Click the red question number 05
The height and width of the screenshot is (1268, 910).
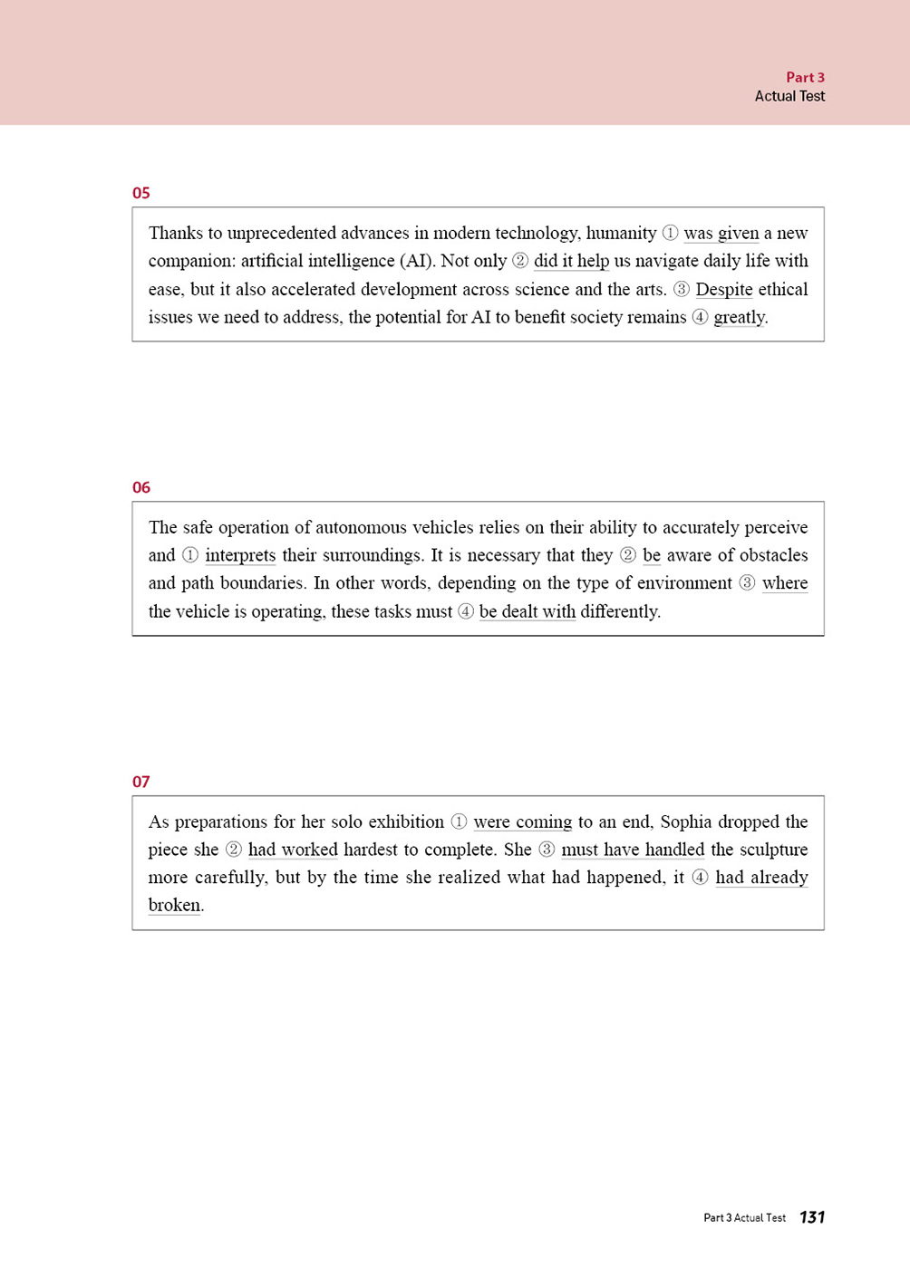(x=140, y=193)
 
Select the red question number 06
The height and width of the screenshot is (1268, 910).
(x=140, y=487)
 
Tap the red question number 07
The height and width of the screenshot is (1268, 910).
(x=140, y=782)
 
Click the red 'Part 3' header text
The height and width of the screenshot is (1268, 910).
(x=805, y=78)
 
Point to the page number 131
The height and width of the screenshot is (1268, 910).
(x=812, y=1217)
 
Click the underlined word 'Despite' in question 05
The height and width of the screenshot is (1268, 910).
(x=723, y=290)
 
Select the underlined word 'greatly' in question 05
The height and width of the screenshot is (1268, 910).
(x=739, y=318)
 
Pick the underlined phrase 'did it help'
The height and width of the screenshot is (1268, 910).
(x=571, y=262)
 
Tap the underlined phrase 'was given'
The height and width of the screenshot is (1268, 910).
(x=721, y=234)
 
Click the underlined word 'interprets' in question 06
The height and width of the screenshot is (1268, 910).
(x=240, y=555)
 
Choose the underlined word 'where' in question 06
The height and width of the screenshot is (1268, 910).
(x=785, y=583)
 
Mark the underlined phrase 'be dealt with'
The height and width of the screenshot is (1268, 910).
(x=527, y=611)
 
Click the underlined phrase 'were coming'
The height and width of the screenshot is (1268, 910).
(x=522, y=822)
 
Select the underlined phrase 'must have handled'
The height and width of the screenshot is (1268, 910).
(x=633, y=850)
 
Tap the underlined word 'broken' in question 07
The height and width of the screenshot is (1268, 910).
(x=174, y=905)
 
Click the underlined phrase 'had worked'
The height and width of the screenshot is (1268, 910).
(x=292, y=850)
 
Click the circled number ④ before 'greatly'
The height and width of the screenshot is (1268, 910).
(x=700, y=318)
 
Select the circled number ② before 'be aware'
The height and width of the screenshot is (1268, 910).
(x=627, y=555)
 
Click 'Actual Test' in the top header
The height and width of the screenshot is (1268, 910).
(x=789, y=96)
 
